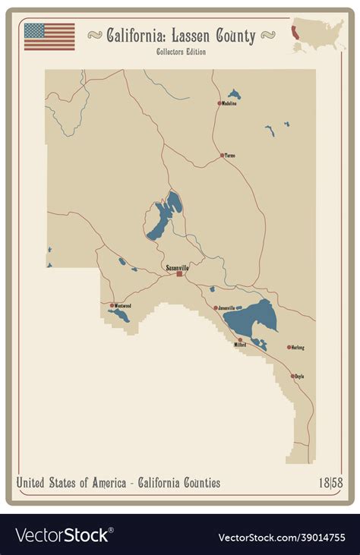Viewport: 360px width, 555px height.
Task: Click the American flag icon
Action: pyautogui.click(x=49, y=36)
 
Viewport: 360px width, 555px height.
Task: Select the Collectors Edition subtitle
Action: pyautogui.click(x=180, y=52)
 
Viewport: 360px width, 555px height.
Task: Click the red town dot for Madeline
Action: pyautogui.click(x=219, y=103)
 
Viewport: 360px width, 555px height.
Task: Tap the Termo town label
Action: pyautogui.click(x=229, y=155)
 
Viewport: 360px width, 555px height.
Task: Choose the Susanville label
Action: pyautogui.click(x=178, y=268)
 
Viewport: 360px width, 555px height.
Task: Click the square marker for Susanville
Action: pyautogui.click(x=179, y=274)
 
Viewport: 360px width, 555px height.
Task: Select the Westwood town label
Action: pyautogui.click(x=122, y=306)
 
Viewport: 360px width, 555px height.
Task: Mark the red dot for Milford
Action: pyautogui.click(x=240, y=339)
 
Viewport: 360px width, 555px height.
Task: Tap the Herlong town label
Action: pyautogui.click(x=298, y=348)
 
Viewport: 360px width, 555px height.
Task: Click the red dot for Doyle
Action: pyautogui.click(x=292, y=376)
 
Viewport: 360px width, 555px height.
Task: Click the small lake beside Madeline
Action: pyautogui.click(x=235, y=95)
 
